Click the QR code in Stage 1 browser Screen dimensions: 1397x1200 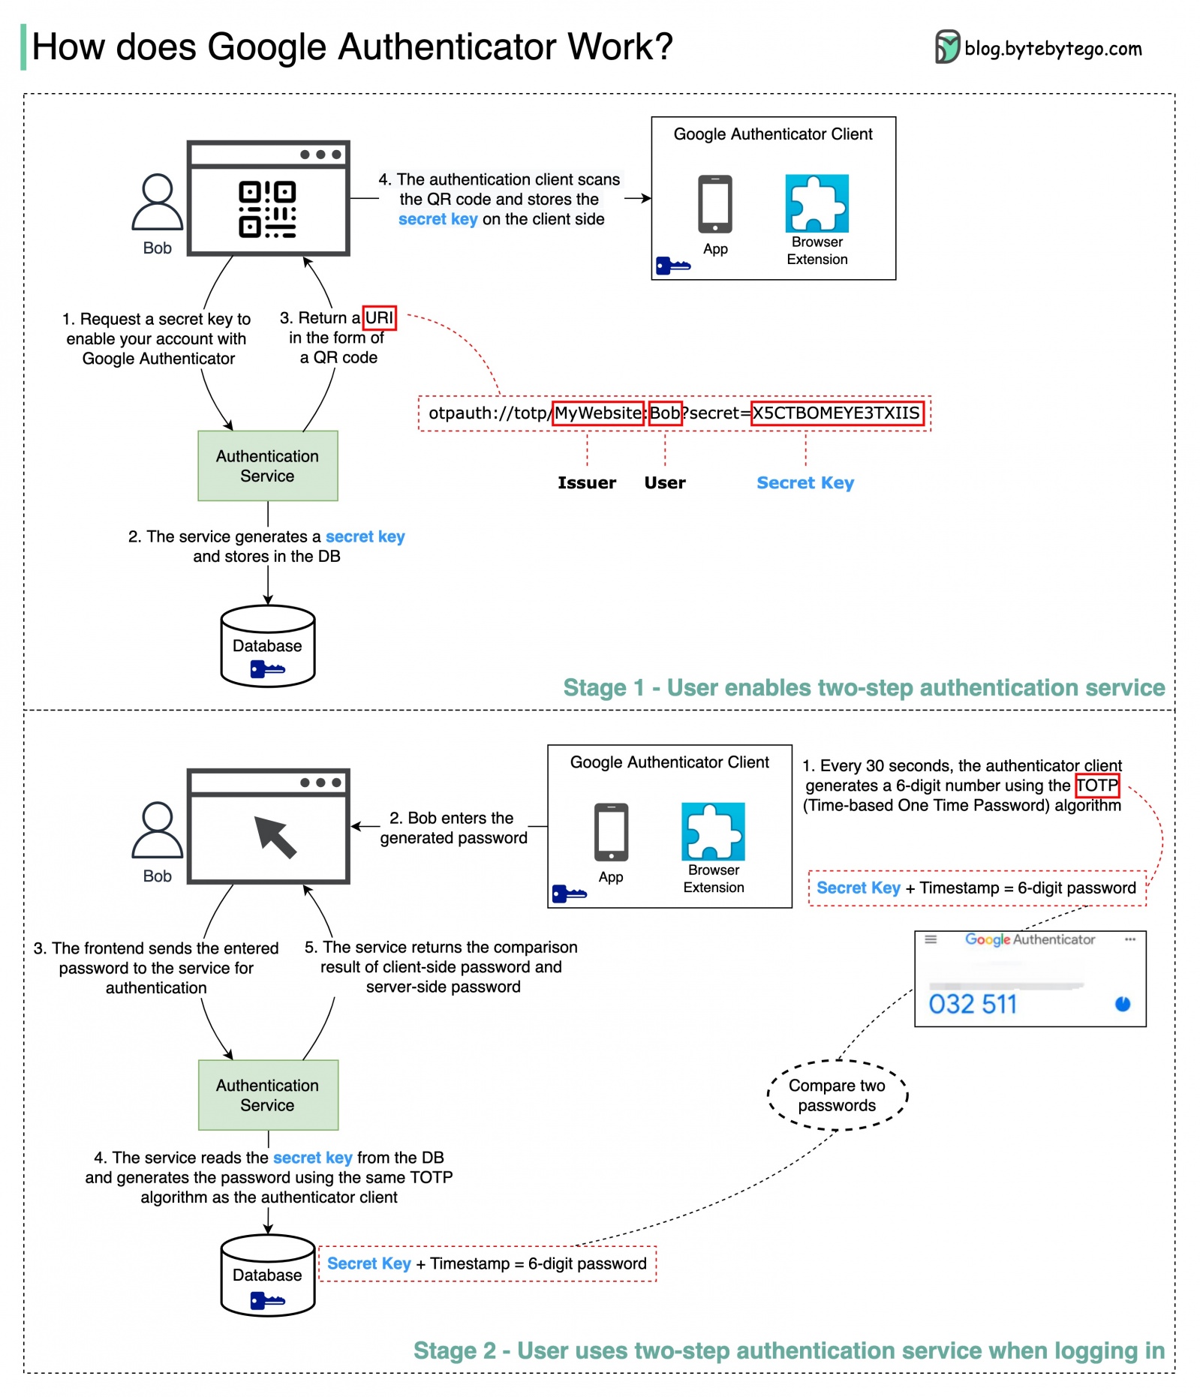[267, 209]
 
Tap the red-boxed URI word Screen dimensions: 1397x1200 [379, 318]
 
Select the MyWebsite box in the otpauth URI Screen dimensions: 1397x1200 [598, 413]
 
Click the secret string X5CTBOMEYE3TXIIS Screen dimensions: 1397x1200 [836, 413]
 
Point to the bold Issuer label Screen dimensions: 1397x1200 [586, 483]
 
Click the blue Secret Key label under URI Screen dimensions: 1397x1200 [805, 483]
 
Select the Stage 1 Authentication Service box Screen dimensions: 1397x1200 [267, 466]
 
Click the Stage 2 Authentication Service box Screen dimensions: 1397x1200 [267, 1095]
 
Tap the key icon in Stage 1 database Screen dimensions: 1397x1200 [267, 669]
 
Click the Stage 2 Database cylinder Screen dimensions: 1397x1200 [267, 1275]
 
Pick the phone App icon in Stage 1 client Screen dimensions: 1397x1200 [714, 205]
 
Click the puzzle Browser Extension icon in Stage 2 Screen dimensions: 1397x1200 [713, 831]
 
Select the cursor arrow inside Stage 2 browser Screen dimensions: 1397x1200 [275, 837]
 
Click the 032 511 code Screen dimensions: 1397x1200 [973, 1005]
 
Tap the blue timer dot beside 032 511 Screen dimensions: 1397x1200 [1122, 1004]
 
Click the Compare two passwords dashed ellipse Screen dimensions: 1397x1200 [837, 1095]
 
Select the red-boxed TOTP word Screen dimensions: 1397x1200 [1096, 786]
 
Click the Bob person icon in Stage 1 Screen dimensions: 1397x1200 [157, 203]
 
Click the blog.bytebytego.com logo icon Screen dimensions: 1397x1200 [947, 47]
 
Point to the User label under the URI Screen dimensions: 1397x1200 [664, 483]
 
